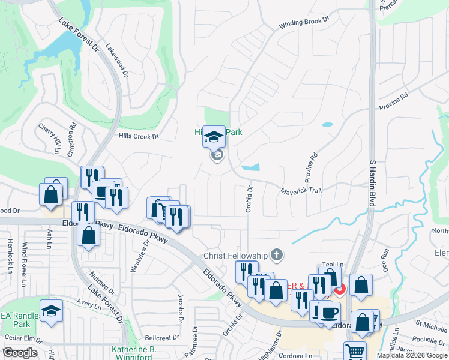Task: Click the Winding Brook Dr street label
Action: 305,23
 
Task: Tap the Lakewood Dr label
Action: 117,59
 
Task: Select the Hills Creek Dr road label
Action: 138,137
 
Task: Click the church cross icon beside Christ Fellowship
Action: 277,255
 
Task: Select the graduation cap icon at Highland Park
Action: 213,137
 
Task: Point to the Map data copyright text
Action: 412,355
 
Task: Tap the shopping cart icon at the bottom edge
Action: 355,352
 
